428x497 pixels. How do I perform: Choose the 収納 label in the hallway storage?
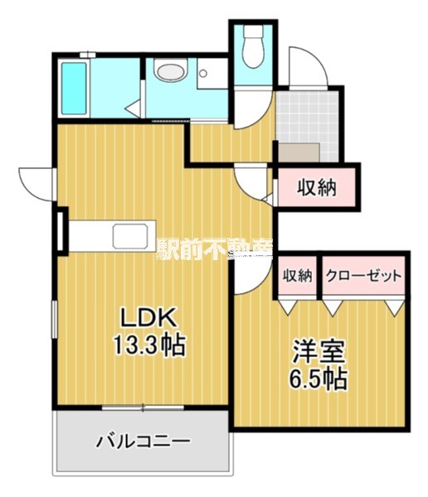point(317,187)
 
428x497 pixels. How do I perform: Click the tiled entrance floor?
point(308,116)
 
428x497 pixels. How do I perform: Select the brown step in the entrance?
point(299,152)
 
